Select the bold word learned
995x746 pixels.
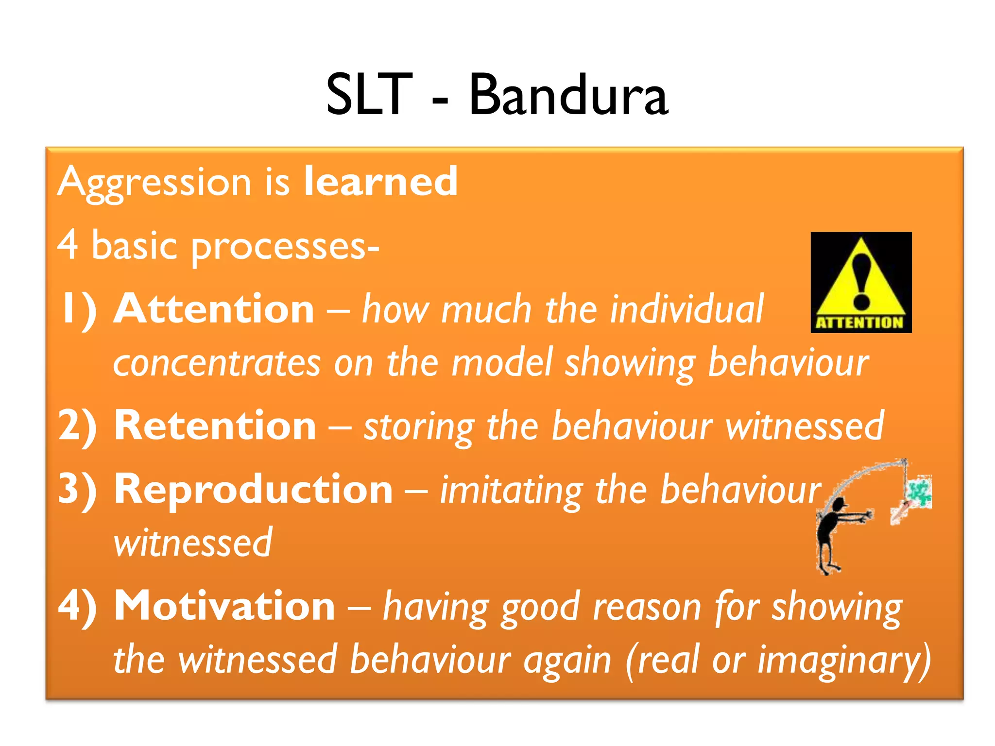(x=380, y=181)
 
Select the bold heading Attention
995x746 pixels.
(x=214, y=309)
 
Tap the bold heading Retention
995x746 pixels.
(x=215, y=425)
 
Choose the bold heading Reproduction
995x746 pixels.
(x=253, y=489)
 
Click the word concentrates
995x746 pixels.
(x=217, y=363)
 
